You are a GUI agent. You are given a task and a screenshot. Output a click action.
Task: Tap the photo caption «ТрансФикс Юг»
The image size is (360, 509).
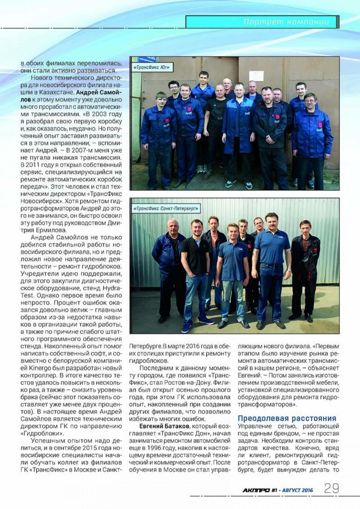pos(151,67)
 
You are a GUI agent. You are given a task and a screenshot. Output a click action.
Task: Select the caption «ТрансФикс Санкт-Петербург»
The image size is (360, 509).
pos(166,209)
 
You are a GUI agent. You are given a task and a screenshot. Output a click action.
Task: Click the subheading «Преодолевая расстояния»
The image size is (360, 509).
pos(287,418)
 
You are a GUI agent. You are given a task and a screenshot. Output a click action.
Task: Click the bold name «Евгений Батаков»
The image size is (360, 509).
pos(164,426)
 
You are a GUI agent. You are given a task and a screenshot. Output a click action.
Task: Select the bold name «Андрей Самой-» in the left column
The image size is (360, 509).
pos(99,92)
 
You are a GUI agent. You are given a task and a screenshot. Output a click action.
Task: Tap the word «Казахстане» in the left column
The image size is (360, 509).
pos(57,92)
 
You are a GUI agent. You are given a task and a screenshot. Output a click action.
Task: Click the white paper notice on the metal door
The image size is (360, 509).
pos(256,76)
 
